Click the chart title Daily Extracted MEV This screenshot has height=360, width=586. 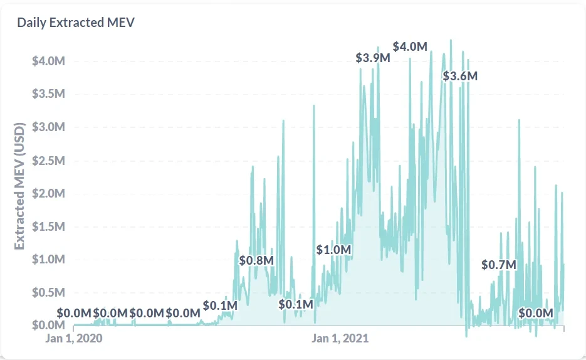click(x=76, y=23)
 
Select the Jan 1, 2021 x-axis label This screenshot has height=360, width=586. click(x=340, y=339)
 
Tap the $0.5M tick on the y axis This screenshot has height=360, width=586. click(x=48, y=292)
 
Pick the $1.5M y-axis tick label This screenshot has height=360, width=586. click(x=48, y=226)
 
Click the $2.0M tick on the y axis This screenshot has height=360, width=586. click(x=48, y=193)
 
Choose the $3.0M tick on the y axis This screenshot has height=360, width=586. click(x=48, y=127)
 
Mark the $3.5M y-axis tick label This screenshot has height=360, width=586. click(x=48, y=94)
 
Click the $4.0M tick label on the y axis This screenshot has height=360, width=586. click(x=48, y=61)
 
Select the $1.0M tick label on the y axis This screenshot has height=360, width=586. click(x=48, y=259)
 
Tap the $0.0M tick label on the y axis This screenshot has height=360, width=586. click(x=48, y=325)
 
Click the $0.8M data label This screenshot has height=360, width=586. click(x=257, y=260)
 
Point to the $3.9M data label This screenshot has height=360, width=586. click(x=373, y=58)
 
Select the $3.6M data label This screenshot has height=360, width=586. click(x=460, y=77)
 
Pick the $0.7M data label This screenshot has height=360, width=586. click(x=499, y=265)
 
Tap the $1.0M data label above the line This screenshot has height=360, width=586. click(x=333, y=250)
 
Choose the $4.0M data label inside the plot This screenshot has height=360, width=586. click(x=411, y=47)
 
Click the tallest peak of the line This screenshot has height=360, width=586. click(x=451, y=40)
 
